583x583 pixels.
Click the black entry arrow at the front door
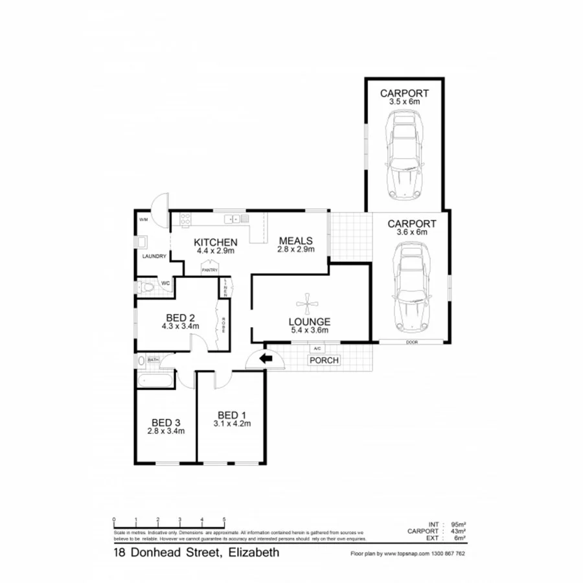pyautogui.click(x=265, y=358)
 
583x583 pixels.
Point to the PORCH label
pyautogui.click(x=323, y=360)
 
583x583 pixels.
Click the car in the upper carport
pyautogui.click(x=404, y=155)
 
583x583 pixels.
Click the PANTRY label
pyautogui.click(x=209, y=270)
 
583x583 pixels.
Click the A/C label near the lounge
pyautogui.click(x=317, y=349)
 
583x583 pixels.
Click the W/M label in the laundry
pyautogui.click(x=143, y=220)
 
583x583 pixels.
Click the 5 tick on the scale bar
pyautogui.click(x=224, y=520)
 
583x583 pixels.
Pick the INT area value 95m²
pyautogui.click(x=457, y=524)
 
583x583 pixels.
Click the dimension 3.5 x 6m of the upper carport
pyautogui.click(x=404, y=102)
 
